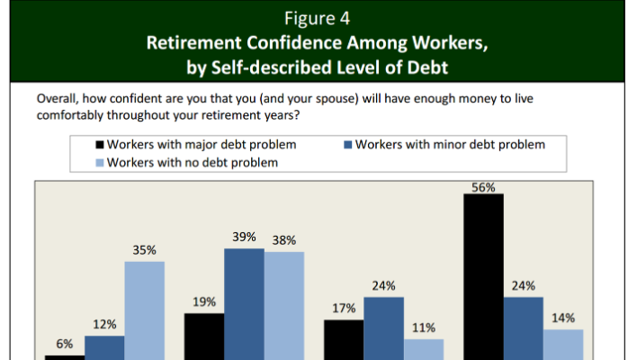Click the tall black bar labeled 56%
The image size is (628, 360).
(483, 276)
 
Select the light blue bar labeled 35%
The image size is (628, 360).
(144, 310)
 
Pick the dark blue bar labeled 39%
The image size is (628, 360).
(244, 304)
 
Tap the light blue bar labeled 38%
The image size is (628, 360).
(284, 306)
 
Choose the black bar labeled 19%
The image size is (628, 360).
(204, 337)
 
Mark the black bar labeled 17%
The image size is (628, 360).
(344, 340)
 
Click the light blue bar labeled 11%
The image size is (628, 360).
(424, 349)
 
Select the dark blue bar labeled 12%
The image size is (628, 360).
(104, 348)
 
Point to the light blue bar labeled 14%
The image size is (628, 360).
(563, 345)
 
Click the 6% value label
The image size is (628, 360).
(65, 344)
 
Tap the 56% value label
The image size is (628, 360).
(483, 187)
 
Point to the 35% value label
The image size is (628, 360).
(144, 250)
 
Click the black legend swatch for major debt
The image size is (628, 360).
(100, 145)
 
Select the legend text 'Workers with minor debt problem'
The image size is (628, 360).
(450, 145)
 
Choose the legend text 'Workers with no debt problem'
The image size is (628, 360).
(193, 163)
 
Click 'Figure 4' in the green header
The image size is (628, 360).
(317, 18)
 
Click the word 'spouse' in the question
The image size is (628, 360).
(336, 98)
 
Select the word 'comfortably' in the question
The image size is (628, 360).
(69, 115)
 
